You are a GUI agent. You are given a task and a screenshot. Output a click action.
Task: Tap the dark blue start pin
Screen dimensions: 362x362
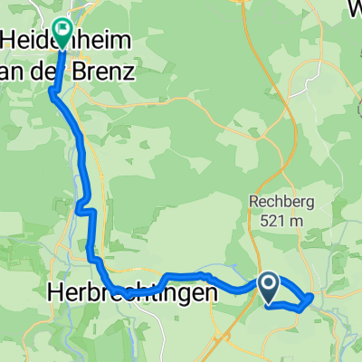[x=270, y=288]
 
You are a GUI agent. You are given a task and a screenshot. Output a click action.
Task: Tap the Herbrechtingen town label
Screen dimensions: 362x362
[x=132, y=294]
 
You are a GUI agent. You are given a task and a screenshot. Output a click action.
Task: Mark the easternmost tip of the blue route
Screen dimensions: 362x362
[x=312, y=297]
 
